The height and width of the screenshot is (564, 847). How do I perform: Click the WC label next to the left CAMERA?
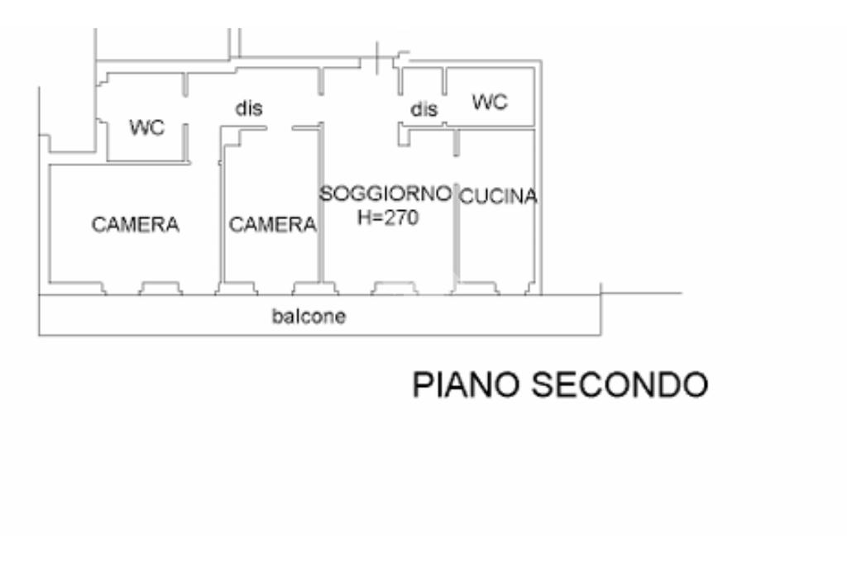pyautogui.click(x=147, y=128)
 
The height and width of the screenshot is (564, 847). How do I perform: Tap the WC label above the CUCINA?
pyautogui.click(x=490, y=103)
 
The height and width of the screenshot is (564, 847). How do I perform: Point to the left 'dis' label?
pyautogui.click(x=249, y=108)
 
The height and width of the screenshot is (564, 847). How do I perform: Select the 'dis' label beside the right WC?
pyautogui.click(x=424, y=109)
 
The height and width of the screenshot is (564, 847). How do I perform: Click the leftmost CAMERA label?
pyautogui.click(x=136, y=224)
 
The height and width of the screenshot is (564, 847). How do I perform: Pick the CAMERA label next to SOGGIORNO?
pyautogui.click(x=272, y=224)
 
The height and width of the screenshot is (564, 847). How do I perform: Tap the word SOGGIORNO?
pyautogui.click(x=386, y=194)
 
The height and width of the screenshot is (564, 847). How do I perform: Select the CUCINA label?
pyautogui.click(x=498, y=197)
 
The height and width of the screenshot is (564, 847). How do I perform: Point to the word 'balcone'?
pyautogui.click(x=309, y=316)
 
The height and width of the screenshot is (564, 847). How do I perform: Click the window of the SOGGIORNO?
pyautogui.click(x=395, y=287)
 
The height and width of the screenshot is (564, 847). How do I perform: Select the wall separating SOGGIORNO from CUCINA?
pyautogui.click(x=456, y=215)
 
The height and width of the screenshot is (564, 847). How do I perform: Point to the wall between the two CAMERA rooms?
pyautogui.click(x=222, y=215)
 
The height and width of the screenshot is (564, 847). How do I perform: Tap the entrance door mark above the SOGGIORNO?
pyautogui.click(x=377, y=58)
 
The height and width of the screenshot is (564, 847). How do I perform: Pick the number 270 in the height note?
pyautogui.click(x=403, y=218)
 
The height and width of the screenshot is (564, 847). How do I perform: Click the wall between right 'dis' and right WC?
pyautogui.click(x=444, y=84)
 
